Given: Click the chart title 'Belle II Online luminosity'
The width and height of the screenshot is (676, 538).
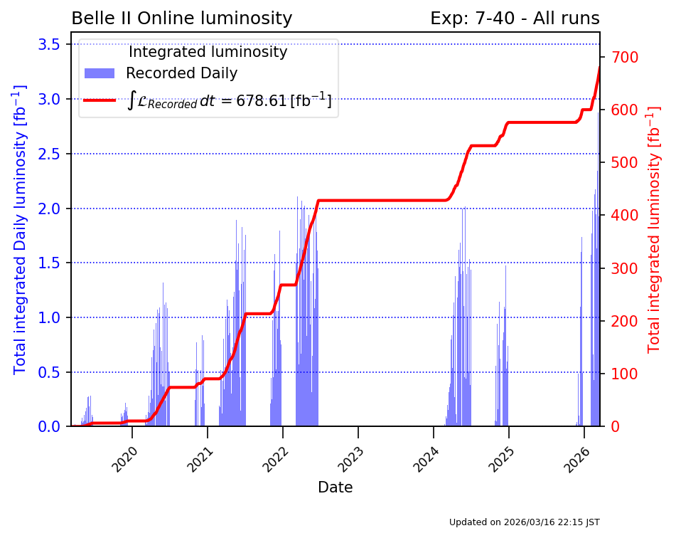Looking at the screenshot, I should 181,19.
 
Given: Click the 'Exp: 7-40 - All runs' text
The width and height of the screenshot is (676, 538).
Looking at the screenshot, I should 515,19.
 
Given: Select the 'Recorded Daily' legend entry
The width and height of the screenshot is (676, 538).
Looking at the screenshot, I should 181,73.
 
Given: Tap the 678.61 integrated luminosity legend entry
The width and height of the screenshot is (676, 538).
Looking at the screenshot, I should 230,100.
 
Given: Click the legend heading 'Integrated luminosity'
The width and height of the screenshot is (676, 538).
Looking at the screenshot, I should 208,52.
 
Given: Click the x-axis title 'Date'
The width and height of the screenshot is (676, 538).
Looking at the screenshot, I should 335,487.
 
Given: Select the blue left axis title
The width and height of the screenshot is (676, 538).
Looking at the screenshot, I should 20,229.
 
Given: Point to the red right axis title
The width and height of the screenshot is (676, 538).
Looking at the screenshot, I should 654,229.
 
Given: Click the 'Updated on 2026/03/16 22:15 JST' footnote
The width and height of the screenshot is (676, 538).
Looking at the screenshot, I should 524,522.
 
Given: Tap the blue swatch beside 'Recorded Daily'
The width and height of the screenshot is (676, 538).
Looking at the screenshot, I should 100,73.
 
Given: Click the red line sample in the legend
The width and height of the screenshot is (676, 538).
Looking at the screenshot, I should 100,100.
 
